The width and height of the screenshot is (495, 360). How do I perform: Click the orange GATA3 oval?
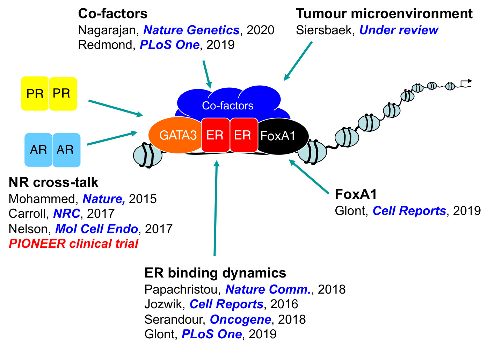pos(175,136)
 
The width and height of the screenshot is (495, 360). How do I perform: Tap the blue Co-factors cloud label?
pos(227,106)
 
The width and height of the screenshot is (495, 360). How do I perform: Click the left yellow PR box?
pos(35,94)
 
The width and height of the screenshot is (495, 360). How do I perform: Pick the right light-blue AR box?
pos(66,150)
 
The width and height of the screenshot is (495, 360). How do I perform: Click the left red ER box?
pos(215,135)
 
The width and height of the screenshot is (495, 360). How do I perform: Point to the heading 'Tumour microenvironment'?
pos(384,14)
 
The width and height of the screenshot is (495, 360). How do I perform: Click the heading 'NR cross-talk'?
pos(53,182)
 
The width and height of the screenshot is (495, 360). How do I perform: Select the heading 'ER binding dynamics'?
pos(215,273)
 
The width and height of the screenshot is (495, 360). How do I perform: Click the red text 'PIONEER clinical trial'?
pos(73,244)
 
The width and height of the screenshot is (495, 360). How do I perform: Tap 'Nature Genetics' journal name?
pos(191,30)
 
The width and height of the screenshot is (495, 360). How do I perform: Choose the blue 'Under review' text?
pos(399,30)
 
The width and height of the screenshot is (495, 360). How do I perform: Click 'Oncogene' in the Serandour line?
pos(240,319)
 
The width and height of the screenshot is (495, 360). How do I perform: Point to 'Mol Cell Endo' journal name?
pos(96,229)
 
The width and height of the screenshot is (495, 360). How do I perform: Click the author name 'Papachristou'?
pos(182,289)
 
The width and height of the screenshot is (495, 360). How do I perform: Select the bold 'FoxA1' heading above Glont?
pos(356,194)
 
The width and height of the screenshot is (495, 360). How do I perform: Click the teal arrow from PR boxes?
pos(115,108)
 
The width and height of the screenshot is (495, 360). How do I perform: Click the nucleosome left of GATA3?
pos(147,155)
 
